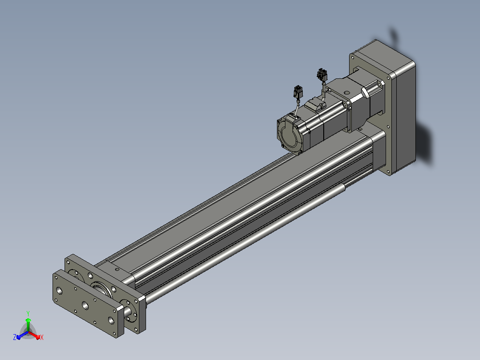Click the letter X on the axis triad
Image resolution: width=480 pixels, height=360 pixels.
(42, 337)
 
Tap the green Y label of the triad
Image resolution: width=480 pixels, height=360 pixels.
(28, 313)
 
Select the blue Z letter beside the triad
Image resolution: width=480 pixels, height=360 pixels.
(15, 337)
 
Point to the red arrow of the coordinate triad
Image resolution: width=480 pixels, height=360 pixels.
(34, 335)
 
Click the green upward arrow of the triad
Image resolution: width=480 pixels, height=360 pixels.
(28, 325)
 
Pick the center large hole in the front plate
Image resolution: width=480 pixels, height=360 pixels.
(85, 305)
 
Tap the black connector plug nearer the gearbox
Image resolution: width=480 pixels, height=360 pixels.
(322, 74)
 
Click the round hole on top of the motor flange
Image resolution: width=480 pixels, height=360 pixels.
(346, 92)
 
